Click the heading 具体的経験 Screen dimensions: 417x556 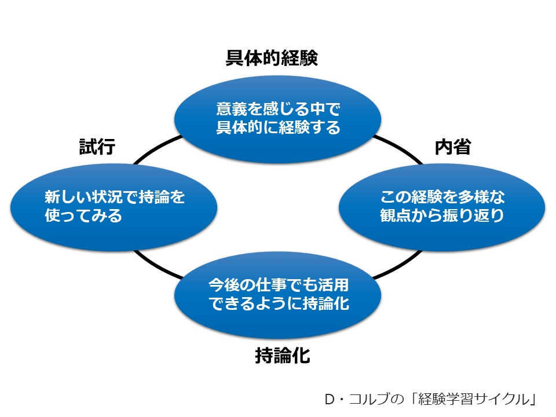272,58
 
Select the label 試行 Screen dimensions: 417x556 97,147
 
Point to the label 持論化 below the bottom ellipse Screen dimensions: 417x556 283,356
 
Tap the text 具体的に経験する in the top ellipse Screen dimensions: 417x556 278,127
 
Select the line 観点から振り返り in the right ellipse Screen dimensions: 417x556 442,215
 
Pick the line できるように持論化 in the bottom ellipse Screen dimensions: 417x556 278,303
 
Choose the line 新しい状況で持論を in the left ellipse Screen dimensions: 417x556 115,197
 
